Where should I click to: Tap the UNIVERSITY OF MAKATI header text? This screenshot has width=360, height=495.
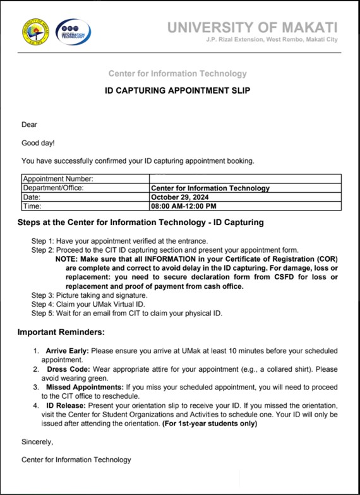252,27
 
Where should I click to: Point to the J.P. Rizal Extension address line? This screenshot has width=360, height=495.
272,40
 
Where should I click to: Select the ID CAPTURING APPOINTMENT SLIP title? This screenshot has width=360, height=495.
177,90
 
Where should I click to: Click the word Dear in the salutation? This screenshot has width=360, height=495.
30,125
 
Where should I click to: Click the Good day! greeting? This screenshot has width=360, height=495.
38,143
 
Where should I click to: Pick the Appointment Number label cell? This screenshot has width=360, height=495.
58,179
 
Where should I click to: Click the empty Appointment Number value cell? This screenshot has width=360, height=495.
245,179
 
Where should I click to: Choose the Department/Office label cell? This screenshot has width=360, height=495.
53,188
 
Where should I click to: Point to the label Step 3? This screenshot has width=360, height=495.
43,295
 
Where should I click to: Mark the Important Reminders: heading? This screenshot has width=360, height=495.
61,332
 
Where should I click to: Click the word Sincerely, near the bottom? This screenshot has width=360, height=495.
37,442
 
